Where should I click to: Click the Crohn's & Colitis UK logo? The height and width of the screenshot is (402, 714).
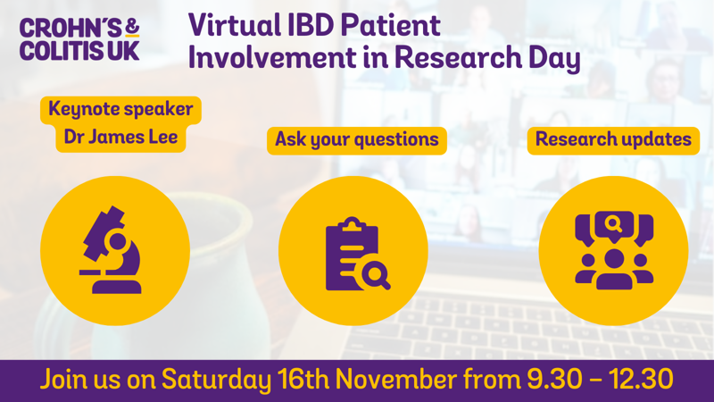tap(79, 39)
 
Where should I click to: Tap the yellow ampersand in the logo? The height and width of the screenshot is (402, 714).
tap(131, 28)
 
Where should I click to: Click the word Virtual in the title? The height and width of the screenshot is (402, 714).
tap(234, 25)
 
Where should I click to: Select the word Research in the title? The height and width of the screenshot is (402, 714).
tap(458, 57)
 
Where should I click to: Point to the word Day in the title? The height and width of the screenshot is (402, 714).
tap(554, 59)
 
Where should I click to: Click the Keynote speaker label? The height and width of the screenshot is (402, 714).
tap(120, 110)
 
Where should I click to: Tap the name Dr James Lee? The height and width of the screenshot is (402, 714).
tap(120, 137)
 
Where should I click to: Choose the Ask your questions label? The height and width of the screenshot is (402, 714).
tap(356, 140)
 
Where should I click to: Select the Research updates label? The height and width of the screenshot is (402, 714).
tap(613, 139)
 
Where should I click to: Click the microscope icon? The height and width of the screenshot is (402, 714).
tap(112, 250)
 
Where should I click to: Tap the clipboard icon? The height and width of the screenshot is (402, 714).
tap(355, 254)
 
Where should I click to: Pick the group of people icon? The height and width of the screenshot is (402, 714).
tap(614, 250)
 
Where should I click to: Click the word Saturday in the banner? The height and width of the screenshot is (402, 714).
tap(217, 381)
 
